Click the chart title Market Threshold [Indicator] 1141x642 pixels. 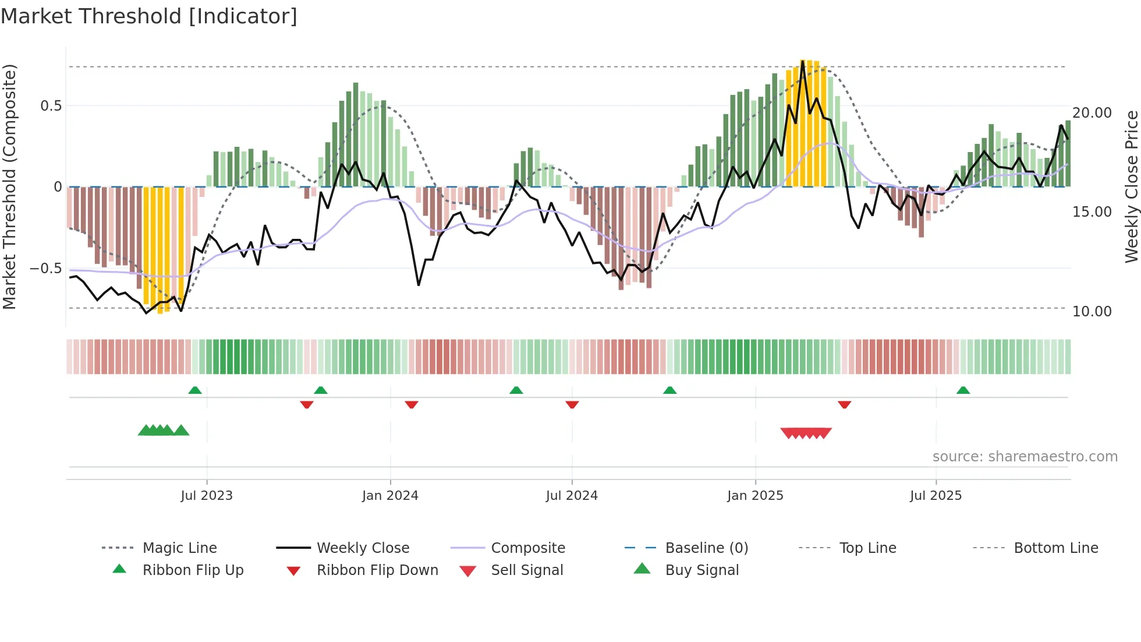[149, 16]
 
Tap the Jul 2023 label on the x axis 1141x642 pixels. [206, 496]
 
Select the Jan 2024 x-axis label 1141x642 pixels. [389, 496]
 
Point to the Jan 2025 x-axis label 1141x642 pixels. [755, 496]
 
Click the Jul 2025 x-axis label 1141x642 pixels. [936, 496]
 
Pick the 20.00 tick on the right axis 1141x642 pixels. [1092, 113]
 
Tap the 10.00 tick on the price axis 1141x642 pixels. [1092, 312]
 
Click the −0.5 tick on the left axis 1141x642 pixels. [46, 269]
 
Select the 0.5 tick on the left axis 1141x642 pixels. [51, 106]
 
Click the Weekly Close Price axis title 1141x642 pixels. [1131, 186]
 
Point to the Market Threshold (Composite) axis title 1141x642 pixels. [9, 186]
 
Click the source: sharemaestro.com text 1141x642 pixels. [1025, 457]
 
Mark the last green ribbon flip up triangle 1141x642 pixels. [963, 390]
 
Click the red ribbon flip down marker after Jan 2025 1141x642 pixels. [844, 404]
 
